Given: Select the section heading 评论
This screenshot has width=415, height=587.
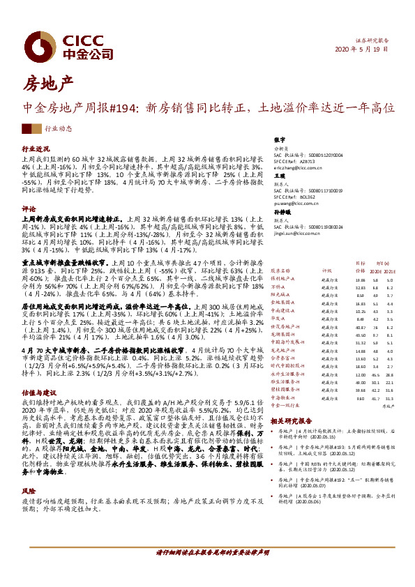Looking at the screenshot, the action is [x=29, y=208].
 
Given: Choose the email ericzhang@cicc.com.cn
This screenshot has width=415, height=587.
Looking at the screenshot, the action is [x=297, y=168].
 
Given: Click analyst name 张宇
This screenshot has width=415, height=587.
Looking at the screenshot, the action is [x=280, y=139].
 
